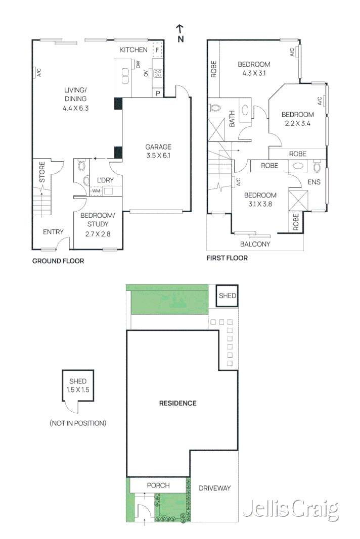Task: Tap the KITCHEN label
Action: (x=133, y=50)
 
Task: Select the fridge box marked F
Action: (x=158, y=50)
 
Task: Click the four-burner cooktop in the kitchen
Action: (x=157, y=74)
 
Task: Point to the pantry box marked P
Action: (x=158, y=93)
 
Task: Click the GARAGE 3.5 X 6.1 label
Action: (x=159, y=151)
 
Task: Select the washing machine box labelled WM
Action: (x=96, y=191)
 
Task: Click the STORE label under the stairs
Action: (x=42, y=172)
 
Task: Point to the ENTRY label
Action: (x=53, y=232)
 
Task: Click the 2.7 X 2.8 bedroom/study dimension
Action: (x=98, y=234)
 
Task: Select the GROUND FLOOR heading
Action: (x=58, y=261)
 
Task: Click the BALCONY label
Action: (x=255, y=244)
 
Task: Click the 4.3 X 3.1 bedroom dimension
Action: (x=254, y=73)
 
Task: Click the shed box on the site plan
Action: (x=227, y=296)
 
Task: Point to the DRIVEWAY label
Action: (x=214, y=488)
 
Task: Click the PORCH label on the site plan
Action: (x=158, y=485)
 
